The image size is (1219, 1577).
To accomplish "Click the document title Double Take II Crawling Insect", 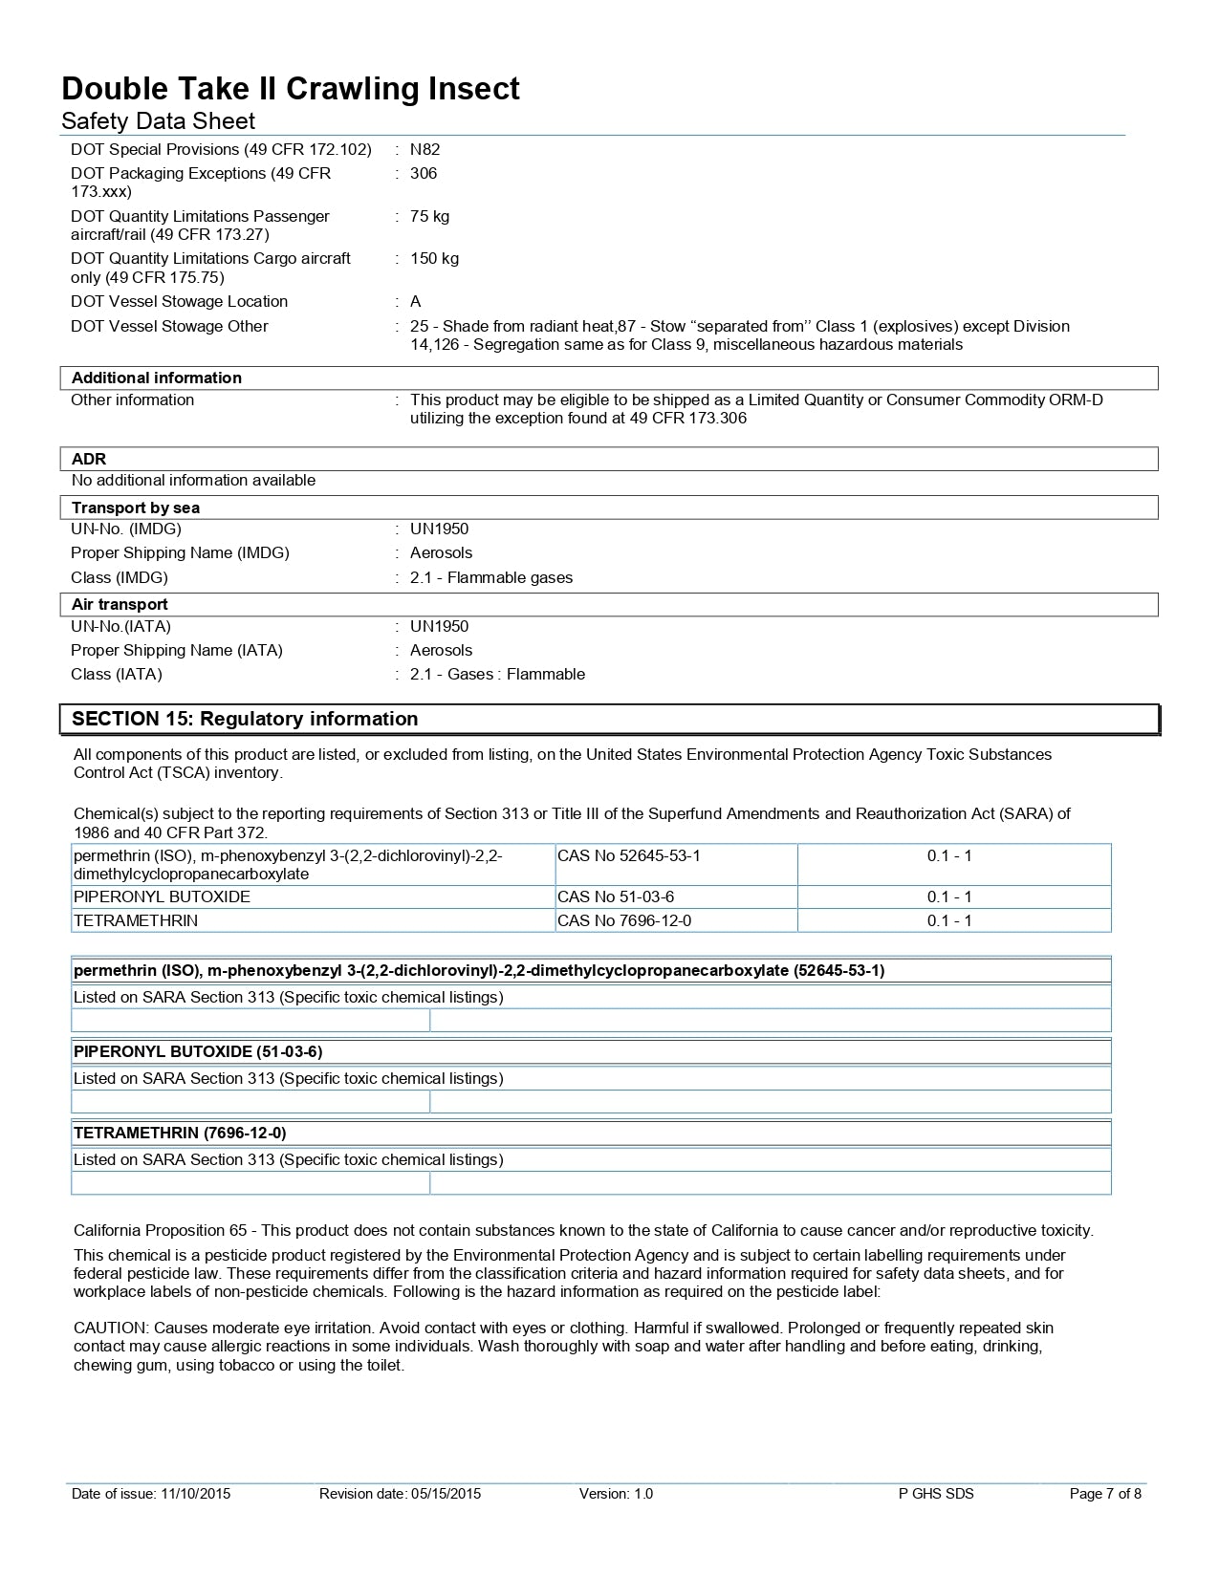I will [291, 89].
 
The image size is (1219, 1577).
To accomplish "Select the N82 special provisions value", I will [424, 149].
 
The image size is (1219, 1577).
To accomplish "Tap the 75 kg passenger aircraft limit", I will [429, 216].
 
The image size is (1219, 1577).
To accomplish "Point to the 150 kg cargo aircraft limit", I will [434, 258].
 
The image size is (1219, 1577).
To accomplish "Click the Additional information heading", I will [157, 378].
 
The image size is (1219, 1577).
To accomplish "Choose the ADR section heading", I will [89, 459].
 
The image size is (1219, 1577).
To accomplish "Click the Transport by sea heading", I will [136, 508].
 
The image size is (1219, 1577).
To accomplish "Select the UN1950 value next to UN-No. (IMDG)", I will [439, 529].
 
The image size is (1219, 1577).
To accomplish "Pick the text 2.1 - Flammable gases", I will [491, 577].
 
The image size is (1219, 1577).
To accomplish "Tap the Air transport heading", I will [120, 604].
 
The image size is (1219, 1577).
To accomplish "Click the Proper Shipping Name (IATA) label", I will [177, 650].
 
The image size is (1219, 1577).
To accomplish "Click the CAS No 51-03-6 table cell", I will [616, 897].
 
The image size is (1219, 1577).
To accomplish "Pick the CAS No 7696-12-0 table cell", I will [624, 920].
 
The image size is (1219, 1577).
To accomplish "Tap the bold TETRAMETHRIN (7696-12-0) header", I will [180, 1133].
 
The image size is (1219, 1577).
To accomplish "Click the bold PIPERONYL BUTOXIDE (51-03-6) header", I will [198, 1051].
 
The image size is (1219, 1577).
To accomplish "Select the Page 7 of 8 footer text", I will [1105, 1494].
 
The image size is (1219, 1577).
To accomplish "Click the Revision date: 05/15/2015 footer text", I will [400, 1494].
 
